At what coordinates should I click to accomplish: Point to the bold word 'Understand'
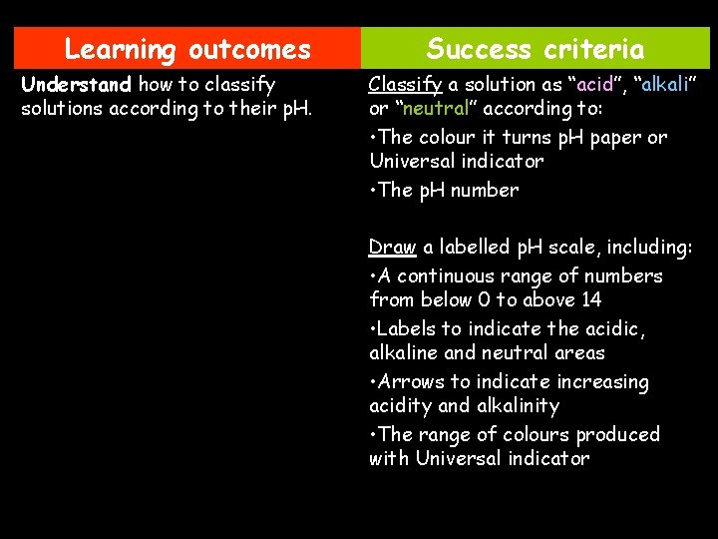(x=76, y=84)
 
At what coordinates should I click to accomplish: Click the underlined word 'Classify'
(x=406, y=84)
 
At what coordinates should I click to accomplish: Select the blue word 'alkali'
(x=664, y=84)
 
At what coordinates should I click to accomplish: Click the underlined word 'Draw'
(x=392, y=247)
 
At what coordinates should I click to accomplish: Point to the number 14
(x=591, y=299)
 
